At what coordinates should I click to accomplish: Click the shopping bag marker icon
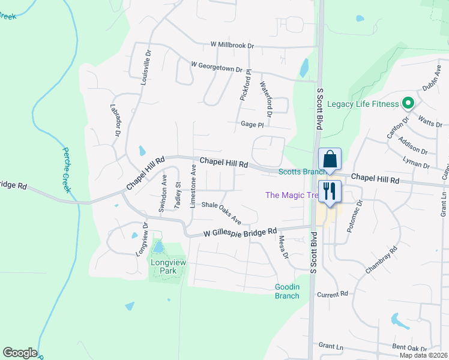click(x=330, y=160)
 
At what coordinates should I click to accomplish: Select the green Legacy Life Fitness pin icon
click(x=408, y=104)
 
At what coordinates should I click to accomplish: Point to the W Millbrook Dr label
click(x=232, y=45)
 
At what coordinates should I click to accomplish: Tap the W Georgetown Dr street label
click(x=216, y=67)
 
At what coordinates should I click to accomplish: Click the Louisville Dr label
click(x=145, y=68)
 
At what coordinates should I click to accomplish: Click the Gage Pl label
click(x=252, y=124)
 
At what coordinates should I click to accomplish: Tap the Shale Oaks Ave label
click(x=221, y=212)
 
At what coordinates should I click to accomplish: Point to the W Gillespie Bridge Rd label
click(x=240, y=231)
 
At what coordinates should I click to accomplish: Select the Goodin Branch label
click(x=287, y=291)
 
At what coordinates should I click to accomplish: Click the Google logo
click(x=20, y=353)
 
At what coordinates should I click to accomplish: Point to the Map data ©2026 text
click(x=423, y=355)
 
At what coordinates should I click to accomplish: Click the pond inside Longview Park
click(x=158, y=246)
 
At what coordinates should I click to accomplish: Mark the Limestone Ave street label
click(x=193, y=186)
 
